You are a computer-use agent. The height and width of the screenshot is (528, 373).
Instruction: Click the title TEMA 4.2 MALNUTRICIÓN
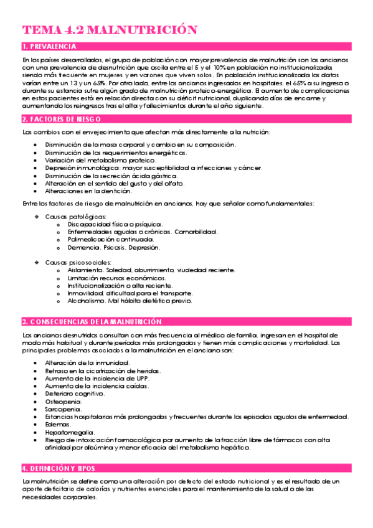(x=110, y=30)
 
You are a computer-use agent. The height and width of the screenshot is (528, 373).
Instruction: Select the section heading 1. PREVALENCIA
(x=50, y=47)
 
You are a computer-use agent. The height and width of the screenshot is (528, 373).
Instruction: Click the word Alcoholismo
(x=88, y=301)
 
